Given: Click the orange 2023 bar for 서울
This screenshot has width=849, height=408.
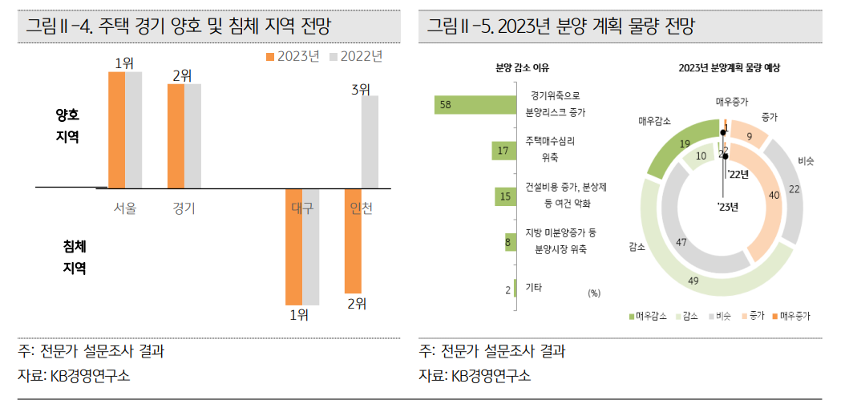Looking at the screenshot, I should click(116, 130).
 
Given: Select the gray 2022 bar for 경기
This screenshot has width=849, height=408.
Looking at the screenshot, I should click(192, 136).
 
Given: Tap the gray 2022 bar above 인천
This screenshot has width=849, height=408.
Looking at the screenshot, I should click(369, 143).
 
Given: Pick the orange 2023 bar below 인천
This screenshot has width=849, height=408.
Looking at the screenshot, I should click(353, 240).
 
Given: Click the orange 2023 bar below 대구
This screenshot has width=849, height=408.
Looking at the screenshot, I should click(294, 246).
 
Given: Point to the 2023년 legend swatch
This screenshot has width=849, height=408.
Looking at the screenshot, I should click(271, 56).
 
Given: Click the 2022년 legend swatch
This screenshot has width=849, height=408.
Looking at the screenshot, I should click(334, 56).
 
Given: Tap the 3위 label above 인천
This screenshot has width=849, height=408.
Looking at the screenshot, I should click(361, 90).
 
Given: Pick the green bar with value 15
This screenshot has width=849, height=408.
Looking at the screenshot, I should click(504, 196).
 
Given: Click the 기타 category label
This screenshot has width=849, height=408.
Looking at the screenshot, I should click(533, 286).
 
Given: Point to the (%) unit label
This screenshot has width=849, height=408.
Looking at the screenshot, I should click(594, 293).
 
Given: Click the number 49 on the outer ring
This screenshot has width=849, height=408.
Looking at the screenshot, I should click(694, 280).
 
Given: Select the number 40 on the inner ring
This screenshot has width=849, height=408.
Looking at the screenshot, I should click(773, 195).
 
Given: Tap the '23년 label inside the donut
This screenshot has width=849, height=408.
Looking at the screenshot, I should click(727, 207).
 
